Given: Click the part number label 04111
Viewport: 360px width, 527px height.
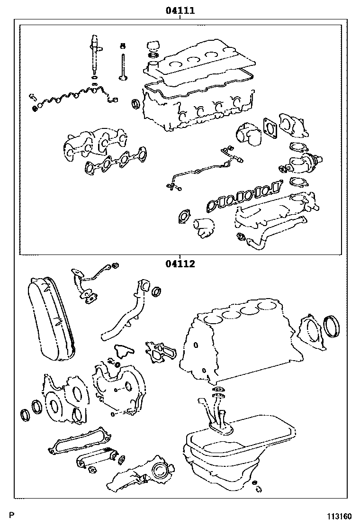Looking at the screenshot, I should pos(180,10).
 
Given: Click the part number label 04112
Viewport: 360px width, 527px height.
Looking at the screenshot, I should pos(180,264).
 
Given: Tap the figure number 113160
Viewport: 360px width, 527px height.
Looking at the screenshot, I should pos(340,517).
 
